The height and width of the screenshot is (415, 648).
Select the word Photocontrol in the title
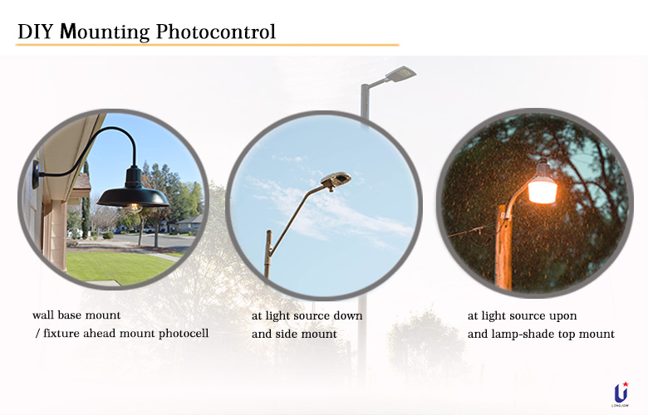tap(217, 32)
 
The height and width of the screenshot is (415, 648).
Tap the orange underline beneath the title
tap(207, 45)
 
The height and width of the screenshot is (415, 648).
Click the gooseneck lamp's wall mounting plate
tap(36, 173)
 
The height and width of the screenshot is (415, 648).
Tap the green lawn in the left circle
tap(116, 265)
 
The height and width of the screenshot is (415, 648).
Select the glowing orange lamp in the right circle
tap(542, 188)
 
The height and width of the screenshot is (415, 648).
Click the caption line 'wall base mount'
tap(76, 316)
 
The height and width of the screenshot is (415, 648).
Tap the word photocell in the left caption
tap(179, 334)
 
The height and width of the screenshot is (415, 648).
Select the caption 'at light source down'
tap(307, 316)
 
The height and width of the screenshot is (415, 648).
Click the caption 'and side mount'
tap(294, 334)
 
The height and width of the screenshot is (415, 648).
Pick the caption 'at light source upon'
tap(522, 316)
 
